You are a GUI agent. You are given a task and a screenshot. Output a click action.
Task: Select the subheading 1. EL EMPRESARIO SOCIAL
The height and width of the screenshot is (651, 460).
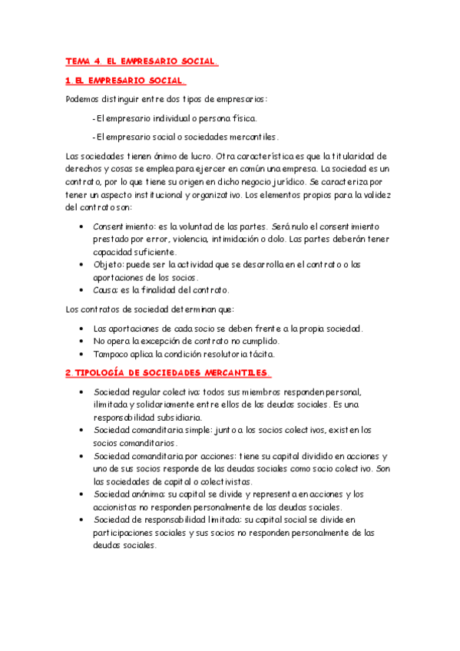pos(125,80)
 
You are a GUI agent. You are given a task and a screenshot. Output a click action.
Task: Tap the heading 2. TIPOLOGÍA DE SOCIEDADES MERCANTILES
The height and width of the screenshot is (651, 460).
pos(168,373)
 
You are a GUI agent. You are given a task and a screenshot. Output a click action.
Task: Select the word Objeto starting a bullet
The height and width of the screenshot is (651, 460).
pos(110,264)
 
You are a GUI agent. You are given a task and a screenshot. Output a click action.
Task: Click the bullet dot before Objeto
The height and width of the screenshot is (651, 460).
pos(82,265)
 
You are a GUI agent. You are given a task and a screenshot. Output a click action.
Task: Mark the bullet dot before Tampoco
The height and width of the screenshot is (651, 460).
pos(82,354)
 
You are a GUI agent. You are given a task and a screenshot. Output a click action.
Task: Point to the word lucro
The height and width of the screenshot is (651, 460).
pos(181,156)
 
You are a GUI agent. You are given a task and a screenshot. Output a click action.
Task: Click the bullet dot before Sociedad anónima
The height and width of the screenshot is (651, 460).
pos(82,495)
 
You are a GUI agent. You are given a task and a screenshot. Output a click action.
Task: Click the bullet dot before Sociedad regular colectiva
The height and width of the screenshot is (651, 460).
pos(82,392)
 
